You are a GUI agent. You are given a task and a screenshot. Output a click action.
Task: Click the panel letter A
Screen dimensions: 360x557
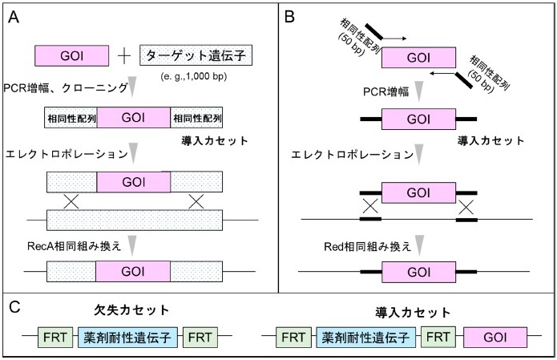point(14,18)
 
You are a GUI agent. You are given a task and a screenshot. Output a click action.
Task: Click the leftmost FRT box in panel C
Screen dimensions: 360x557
point(56,337)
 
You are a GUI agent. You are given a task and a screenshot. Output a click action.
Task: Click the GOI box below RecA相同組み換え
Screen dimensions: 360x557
point(133,273)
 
